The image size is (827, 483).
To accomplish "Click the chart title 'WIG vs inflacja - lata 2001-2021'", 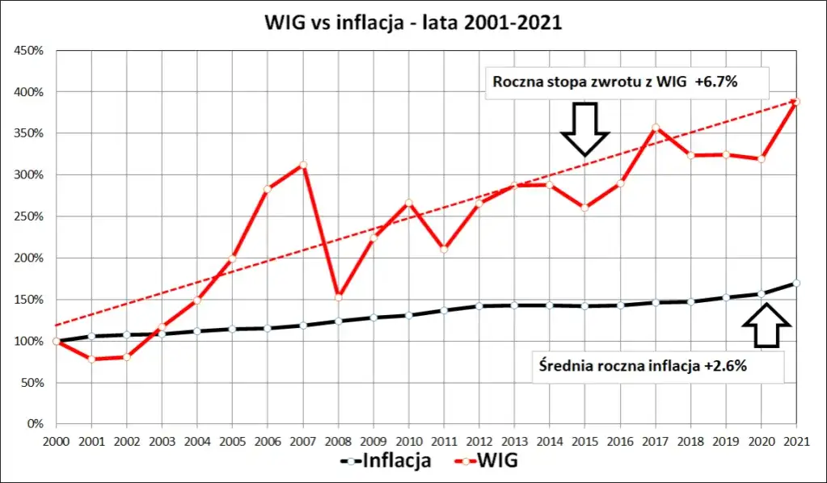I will (x=413, y=23).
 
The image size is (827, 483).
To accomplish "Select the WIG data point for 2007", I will (x=303, y=165).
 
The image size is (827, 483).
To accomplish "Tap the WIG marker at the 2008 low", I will (x=339, y=297).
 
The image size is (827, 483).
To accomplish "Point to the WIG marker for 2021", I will (x=796, y=101).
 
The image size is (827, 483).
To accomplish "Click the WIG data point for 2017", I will (x=656, y=128).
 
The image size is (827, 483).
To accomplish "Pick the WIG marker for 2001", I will (x=91, y=359).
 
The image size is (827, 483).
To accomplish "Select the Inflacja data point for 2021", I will (x=796, y=283).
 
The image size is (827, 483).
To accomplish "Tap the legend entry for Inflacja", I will (x=385, y=462).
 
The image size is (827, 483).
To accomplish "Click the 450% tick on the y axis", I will (x=28, y=51).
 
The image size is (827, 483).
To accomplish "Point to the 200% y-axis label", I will (x=28, y=258).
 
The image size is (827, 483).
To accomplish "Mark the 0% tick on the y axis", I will (x=35, y=423).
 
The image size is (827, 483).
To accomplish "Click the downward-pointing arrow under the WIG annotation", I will (x=584, y=128).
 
